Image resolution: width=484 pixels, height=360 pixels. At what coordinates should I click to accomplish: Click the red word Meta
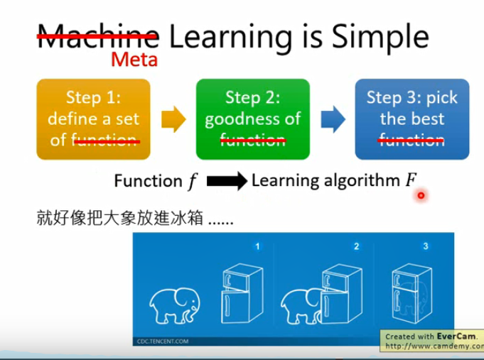(134, 58)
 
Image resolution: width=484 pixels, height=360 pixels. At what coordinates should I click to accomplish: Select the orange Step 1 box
(94, 119)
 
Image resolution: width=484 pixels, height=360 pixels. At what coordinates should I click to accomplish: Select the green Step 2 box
(252, 119)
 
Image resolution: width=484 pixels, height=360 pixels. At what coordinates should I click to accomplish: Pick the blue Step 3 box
(412, 119)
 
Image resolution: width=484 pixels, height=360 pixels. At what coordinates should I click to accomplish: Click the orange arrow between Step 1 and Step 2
(173, 119)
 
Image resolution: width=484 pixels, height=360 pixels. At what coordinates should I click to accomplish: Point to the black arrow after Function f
(225, 182)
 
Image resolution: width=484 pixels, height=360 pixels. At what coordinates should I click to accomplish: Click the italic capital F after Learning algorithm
(410, 180)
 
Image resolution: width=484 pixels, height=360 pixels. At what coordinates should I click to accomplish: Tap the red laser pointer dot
(421, 195)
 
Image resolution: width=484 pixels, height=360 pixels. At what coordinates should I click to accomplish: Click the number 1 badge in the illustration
(257, 246)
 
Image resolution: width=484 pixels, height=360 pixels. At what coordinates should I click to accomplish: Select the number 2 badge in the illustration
(356, 246)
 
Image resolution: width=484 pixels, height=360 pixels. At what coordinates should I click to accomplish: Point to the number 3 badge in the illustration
(425, 246)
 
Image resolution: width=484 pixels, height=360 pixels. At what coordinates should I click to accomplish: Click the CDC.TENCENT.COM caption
(163, 341)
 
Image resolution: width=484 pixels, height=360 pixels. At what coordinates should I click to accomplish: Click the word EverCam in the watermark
(451, 336)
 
